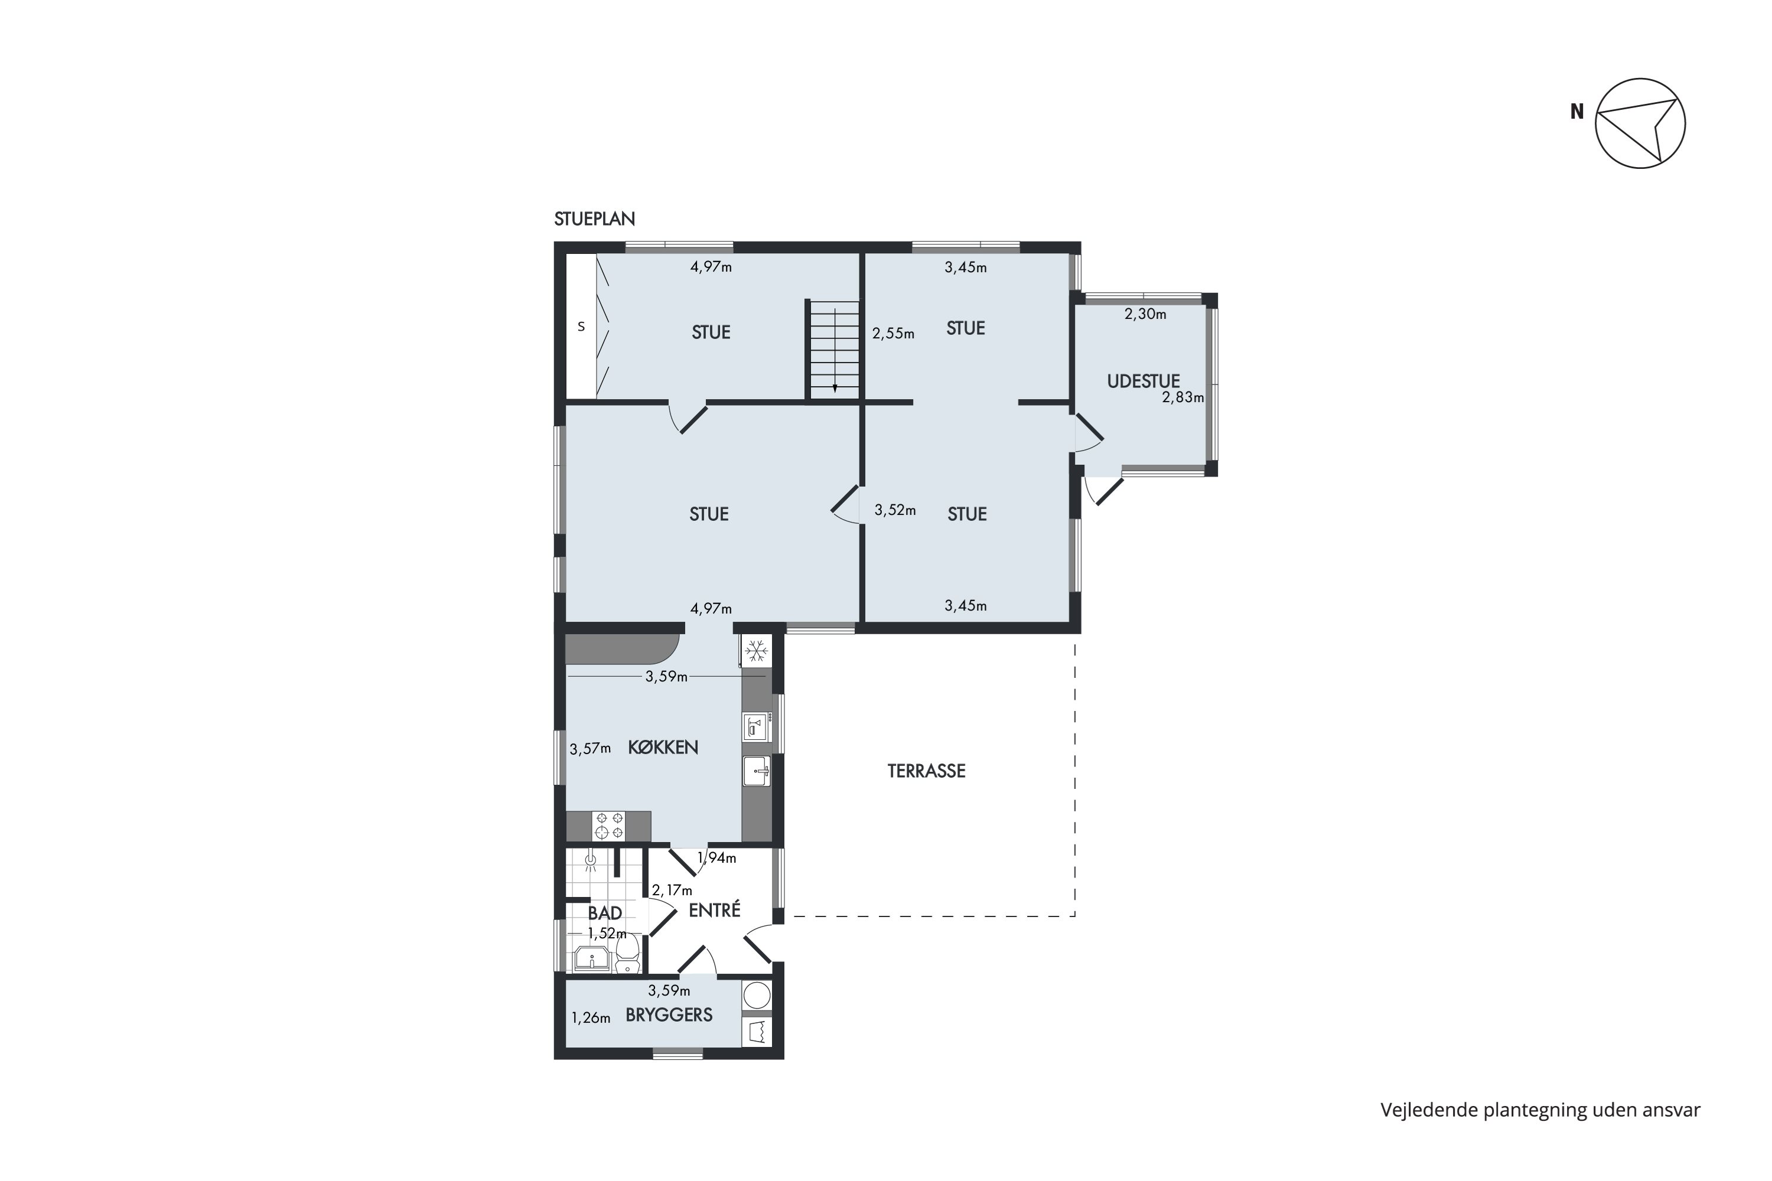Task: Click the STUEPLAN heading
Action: tap(594, 219)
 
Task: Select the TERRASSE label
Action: tap(926, 771)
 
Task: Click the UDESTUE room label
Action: tap(1143, 381)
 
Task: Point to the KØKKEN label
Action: tap(663, 747)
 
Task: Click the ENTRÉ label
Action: tap(714, 910)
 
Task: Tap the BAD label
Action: tap(604, 914)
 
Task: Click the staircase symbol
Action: tap(834, 350)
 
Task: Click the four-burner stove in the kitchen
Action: tap(609, 826)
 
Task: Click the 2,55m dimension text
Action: tap(894, 334)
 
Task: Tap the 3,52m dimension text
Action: tap(895, 511)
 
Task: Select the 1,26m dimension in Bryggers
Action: tap(591, 1018)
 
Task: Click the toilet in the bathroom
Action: tap(627, 955)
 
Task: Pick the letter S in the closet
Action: tap(581, 327)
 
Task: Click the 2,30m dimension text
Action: tap(1145, 314)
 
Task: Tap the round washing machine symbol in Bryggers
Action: tap(757, 995)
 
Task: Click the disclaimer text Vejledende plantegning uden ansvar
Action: tap(1540, 1110)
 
